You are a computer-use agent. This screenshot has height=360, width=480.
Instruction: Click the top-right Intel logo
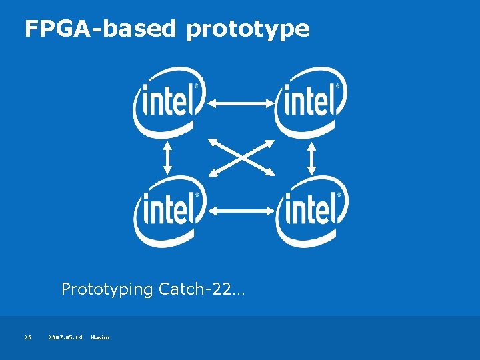pyautogui.click(x=311, y=102)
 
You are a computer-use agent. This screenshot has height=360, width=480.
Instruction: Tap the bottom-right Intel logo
pyautogui.click(x=311, y=211)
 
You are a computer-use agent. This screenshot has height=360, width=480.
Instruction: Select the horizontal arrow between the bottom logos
pyautogui.click(x=241, y=211)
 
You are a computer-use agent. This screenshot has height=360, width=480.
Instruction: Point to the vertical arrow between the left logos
pyautogui.click(x=167, y=157)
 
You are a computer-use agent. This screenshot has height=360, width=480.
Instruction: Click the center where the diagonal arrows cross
pyautogui.click(x=241, y=157)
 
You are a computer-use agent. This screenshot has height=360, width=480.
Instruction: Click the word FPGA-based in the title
pyautogui.click(x=100, y=29)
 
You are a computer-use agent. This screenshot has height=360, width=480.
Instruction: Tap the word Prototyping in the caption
pyautogui.click(x=107, y=289)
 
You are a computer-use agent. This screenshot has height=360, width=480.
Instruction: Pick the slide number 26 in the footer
pyautogui.click(x=28, y=337)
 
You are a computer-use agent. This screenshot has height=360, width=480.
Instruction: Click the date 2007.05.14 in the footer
pyautogui.click(x=65, y=337)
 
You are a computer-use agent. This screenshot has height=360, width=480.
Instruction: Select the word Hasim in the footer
pyautogui.click(x=100, y=337)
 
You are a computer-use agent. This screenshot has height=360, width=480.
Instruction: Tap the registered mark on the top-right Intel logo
pyautogui.click(x=339, y=86)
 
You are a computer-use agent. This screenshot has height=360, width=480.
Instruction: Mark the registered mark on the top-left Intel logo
pyautogui.click(x=197, y=86)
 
